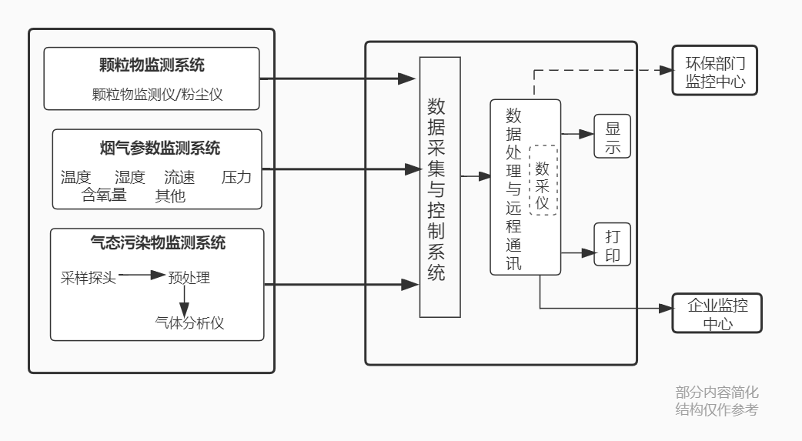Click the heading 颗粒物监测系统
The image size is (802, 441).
tap(152, 65)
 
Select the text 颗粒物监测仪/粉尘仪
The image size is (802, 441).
tap(152, 94)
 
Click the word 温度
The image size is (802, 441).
tap(75, 177)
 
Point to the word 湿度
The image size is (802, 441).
tap(129, 177)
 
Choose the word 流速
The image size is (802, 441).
tap(179, 177)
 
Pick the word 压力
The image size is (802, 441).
tap(236, 177)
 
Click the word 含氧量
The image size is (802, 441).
tap(104, 195)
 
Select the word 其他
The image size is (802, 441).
tap(170, 195)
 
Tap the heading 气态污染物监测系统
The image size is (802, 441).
tap(157, 244)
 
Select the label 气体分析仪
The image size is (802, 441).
tap(189, 322)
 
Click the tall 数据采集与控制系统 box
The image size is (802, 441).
tap(439, 187)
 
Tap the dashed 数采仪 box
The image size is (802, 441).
tap(543, 179)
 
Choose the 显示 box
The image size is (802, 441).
tap(612, 137)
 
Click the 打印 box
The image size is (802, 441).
tap(612, 245)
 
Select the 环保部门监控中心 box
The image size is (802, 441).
tap(714, 71)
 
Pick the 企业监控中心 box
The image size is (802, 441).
tap(716, 313)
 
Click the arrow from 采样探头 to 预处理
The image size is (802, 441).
tap(142, 275)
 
